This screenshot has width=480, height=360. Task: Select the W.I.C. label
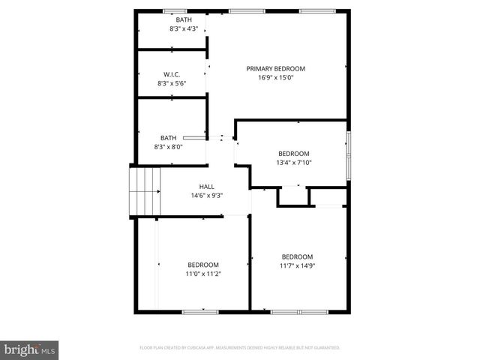pyautogui.click(x=172, y=74)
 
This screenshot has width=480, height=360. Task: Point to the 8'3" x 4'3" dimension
pyautogui.click(x=183, y=28)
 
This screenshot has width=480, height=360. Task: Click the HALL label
pyautogui.click(x=207, y=187)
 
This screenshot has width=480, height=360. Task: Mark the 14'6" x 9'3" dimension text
pyautogui.click(x=207, y=196)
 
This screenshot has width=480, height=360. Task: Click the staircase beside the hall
pyautogui.click(x=145, y=191)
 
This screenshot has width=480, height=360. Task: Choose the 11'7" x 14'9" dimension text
pyautogui.click(x=297, y=265)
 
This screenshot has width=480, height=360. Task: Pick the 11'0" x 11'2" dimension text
pyautogui.click(x=203, y=274)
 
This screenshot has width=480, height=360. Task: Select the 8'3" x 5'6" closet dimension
pyautogui.click(x=172, y=83)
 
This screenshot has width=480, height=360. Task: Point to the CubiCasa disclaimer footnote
pyautogui.click(x=240, y=348)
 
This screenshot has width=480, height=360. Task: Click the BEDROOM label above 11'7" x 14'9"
pyautogui.click(x=297, y=256)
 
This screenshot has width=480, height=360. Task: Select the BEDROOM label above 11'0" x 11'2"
pyautogui.click(x=203, y=265)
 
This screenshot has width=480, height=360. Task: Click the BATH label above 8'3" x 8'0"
pyautogui.click(x=168, y=138)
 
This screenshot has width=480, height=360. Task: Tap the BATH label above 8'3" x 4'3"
pyautogui.click(x=183, y=19)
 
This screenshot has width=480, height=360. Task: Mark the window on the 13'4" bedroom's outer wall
pyautogui.click(x=347, y=155)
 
